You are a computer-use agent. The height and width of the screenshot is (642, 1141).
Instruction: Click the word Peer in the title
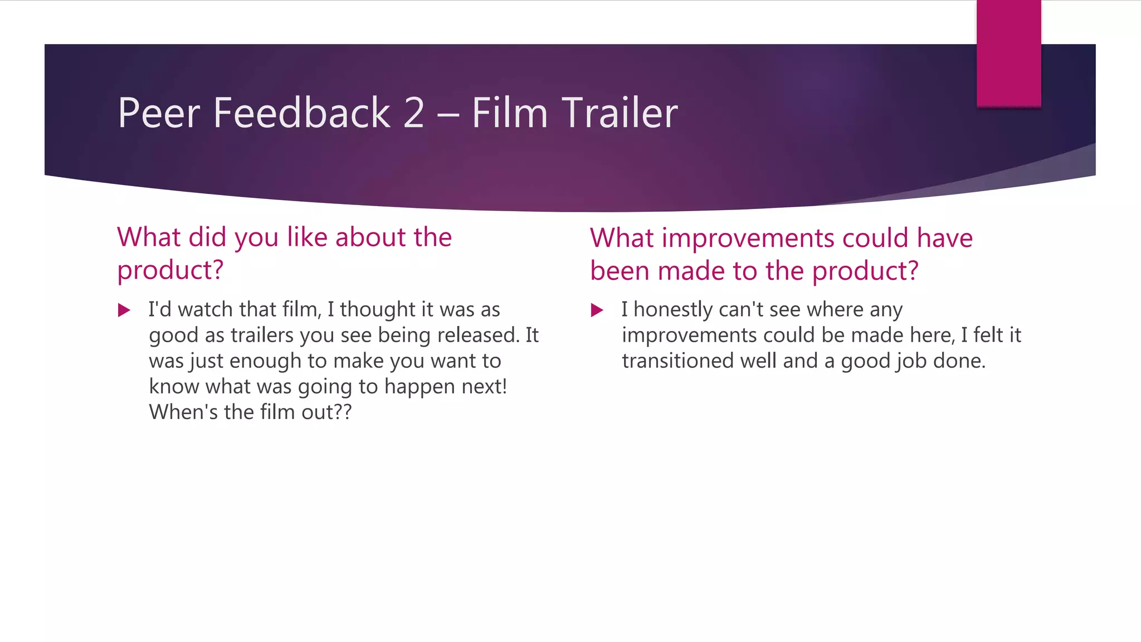(159, 113)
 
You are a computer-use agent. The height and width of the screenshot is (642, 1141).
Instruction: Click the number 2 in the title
(413, 113)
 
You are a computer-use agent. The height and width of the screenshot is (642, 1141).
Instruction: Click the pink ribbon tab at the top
(1008, 53)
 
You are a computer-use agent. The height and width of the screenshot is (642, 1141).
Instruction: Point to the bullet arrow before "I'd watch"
(124, 310)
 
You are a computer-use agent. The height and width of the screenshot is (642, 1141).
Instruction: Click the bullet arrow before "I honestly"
(597, 310)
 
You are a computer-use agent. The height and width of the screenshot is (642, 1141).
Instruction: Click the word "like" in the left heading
(307, 237)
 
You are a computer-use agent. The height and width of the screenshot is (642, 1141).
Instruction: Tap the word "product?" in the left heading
(170, 271)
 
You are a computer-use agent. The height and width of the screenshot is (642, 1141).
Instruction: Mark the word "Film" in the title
(510, 113)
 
